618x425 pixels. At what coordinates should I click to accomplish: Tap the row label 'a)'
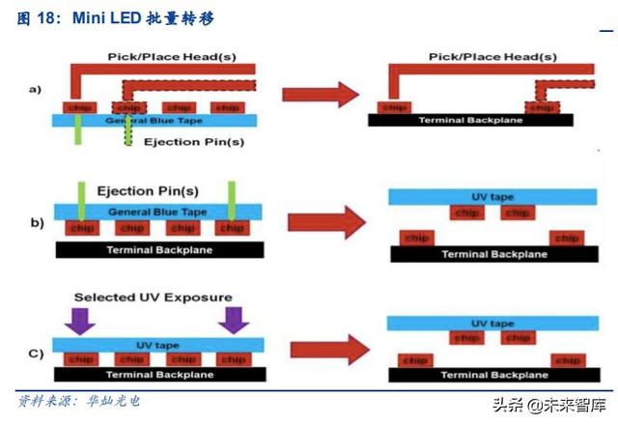point(35,90)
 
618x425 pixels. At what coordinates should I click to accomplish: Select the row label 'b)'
point(36,223)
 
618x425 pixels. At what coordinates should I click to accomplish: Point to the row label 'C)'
point(36,353)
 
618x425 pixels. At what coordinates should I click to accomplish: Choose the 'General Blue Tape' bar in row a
point(154,121)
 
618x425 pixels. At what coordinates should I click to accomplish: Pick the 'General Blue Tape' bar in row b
point(154,211)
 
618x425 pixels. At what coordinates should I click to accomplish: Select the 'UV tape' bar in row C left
point(154,343)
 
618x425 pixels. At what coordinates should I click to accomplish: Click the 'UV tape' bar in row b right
point(492,196)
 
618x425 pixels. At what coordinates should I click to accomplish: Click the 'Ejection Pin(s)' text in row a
point(193,142)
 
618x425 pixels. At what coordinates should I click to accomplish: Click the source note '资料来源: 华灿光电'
point(79,400)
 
